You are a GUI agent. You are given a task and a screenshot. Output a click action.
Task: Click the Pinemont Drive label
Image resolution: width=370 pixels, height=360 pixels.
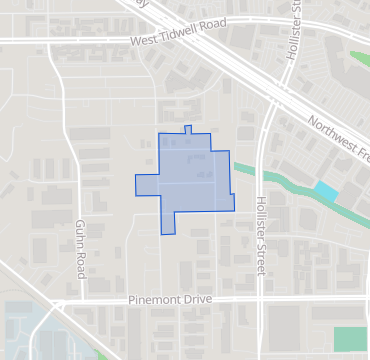172,300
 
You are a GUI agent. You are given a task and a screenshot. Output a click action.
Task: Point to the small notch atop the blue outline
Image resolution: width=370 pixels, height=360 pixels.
188,129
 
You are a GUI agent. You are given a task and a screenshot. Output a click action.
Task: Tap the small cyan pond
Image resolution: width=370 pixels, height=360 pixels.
326,189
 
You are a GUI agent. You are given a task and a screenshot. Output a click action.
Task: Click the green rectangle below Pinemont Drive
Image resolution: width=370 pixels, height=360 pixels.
350,339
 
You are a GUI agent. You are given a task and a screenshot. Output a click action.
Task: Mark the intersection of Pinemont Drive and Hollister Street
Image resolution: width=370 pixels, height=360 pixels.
259,299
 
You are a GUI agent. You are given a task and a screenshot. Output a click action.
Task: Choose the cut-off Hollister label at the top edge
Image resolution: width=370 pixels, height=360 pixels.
296,15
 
